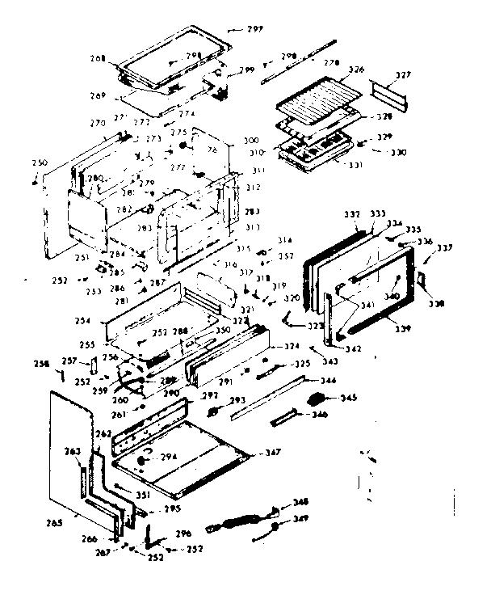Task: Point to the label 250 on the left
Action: (x=38, y=163)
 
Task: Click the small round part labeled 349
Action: (x=275, y=527)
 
